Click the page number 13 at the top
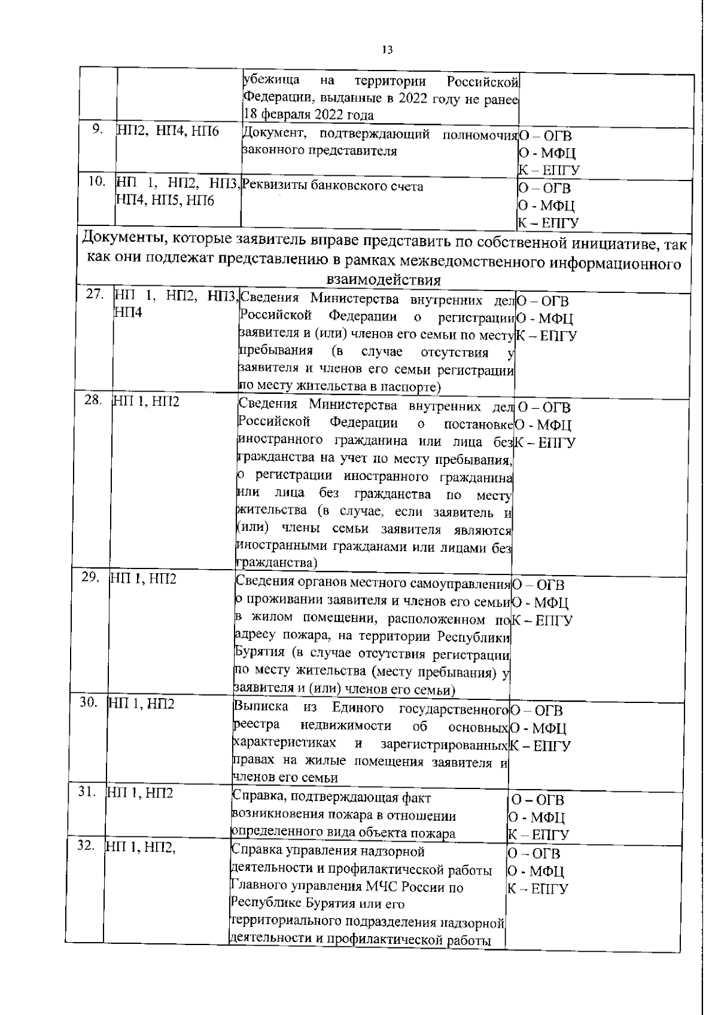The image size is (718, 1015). click(387, 50)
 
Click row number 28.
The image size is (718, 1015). click(93, 401)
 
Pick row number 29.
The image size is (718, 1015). click(90, 577)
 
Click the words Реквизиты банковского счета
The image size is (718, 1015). click(333, 187)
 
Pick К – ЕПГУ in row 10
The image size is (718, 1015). click(549, 224)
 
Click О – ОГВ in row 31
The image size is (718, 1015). click(538, 800)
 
